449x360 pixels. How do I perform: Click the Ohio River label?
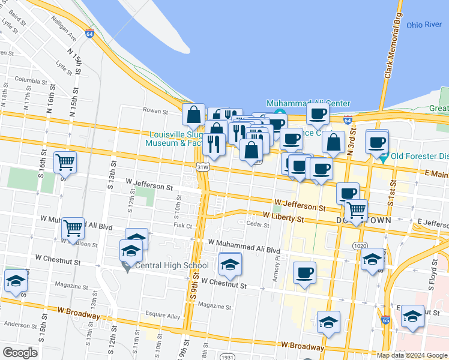point(424,25)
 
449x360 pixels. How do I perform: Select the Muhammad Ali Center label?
point(308,103)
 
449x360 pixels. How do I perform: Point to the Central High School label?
point(172,266)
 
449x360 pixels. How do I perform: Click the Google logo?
point(20,352)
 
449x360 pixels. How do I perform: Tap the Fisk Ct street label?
point(182,226)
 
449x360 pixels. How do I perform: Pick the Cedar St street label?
point(258,224)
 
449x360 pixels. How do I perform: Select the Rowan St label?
point(154,110)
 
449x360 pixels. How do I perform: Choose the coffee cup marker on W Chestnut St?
point(304,272)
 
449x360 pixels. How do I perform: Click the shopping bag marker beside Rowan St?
point(194,115)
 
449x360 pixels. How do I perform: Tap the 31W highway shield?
point(202,167)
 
